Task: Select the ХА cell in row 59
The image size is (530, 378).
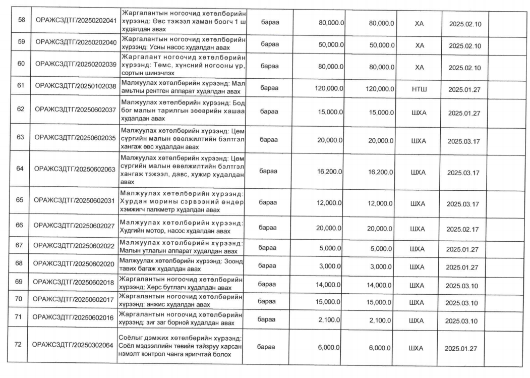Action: click(x=419, y=45)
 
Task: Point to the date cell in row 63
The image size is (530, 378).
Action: click(x=465, y=141)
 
